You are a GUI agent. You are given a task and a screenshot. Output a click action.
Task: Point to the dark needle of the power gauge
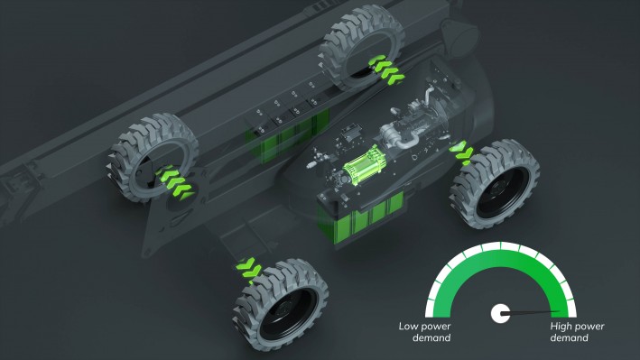[527, 313]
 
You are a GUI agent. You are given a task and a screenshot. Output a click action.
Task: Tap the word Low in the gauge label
[413, 327]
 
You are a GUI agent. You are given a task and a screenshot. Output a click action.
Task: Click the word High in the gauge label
[563, 327]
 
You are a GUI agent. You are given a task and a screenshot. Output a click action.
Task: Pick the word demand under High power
[569, 338]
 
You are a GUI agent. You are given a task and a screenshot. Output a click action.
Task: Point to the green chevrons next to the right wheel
[463, 153]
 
